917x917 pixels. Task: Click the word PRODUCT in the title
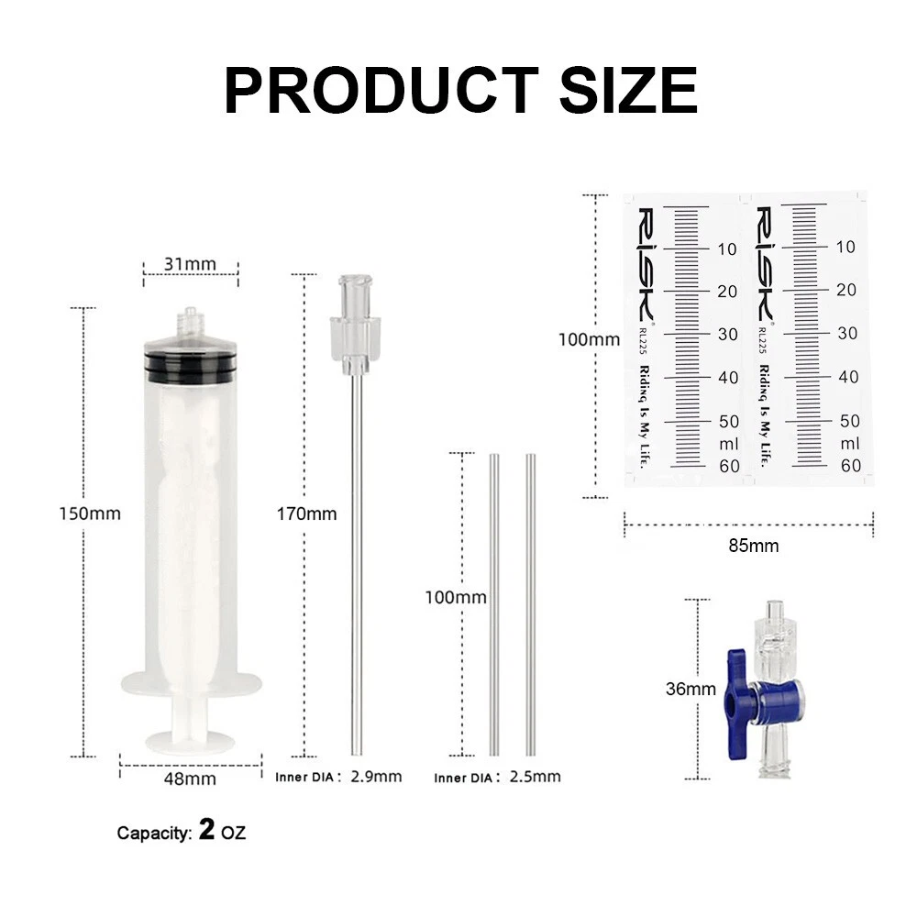click(x=381, y=90)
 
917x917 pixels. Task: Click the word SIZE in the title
click(x=629, y=90)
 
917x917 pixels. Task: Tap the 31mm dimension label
click(x=190, y=264)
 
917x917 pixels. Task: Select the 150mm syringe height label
click(x=90, y=514)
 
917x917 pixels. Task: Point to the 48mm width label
click(x=190, y=779)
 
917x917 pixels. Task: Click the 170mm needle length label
click(x=307, y=514)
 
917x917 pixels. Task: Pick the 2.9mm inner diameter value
click(x=376, y=777)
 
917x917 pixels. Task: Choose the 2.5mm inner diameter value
click(x=536, y=777)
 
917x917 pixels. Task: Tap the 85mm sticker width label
click(x=754, y=546)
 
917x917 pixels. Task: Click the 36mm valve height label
click(x=691, y=689)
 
